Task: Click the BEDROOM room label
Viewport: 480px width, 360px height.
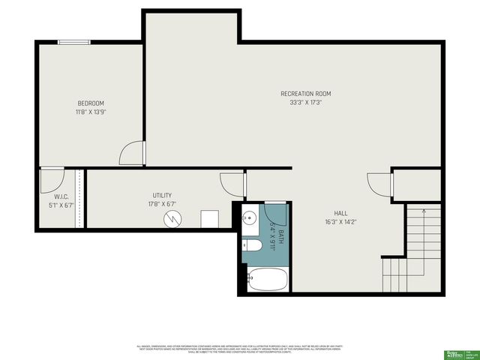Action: click(91, 103)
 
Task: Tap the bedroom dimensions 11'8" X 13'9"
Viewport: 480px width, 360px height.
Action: click(91, 112)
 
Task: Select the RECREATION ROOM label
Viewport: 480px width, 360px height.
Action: click(305, 94)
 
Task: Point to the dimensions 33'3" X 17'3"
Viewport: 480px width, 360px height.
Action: click(305, 103)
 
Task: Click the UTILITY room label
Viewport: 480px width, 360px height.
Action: click(163, 195)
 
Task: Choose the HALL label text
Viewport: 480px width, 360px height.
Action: click(340, 213)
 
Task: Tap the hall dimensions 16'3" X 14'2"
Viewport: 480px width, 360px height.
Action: click(340, 222)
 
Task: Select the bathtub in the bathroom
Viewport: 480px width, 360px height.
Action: click(267, 280)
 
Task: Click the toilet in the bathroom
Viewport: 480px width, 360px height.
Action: click(252, 245)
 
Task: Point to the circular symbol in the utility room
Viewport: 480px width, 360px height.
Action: click(174, 219)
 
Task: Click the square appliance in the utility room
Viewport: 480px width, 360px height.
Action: click(209, 218)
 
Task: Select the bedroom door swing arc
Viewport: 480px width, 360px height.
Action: click(130, 153)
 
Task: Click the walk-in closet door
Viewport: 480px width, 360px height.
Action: click(51, 178)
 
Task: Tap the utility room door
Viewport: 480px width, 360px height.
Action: click(232, 183)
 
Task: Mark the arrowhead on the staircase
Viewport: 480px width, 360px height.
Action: click(424, 212)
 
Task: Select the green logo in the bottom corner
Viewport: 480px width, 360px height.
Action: click(455, 352)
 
